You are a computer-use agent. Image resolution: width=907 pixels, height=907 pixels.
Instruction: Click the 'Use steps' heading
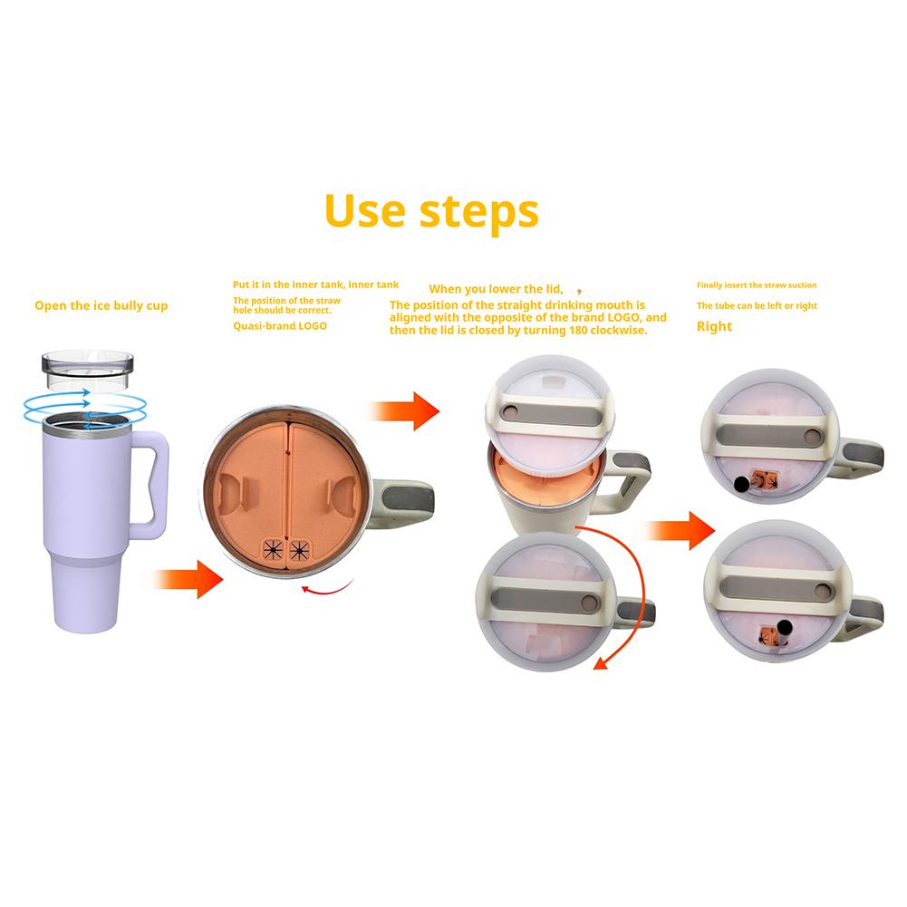431,212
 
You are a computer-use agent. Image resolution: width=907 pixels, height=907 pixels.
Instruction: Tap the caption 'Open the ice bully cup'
101,305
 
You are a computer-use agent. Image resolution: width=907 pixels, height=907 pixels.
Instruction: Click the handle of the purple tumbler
150,485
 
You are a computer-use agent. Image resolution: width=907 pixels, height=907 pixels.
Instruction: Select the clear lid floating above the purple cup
87,370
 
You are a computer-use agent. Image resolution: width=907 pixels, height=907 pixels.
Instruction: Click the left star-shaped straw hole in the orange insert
273,549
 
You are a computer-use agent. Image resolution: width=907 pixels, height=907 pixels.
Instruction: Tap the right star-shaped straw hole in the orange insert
299,549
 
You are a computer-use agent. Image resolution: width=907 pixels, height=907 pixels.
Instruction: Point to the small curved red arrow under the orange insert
327,588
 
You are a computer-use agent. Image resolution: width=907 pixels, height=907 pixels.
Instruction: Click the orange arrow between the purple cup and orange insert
188,579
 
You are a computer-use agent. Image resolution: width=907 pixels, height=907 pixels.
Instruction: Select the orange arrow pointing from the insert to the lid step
404,411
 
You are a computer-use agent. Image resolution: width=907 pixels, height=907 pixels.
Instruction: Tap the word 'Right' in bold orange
714,327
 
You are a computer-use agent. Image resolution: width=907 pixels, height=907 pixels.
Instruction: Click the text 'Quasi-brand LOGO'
280,326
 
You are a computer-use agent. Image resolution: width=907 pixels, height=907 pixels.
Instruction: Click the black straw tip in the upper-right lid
741,484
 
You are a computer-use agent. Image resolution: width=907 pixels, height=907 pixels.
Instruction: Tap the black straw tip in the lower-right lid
785,628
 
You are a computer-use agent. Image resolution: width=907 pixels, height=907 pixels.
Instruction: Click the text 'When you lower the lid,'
496,289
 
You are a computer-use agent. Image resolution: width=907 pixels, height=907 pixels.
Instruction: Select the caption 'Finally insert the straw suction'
757,285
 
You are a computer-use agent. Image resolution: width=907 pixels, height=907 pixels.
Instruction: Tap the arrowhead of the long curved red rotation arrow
602,663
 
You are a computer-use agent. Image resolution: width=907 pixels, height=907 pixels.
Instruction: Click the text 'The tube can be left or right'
757,305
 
